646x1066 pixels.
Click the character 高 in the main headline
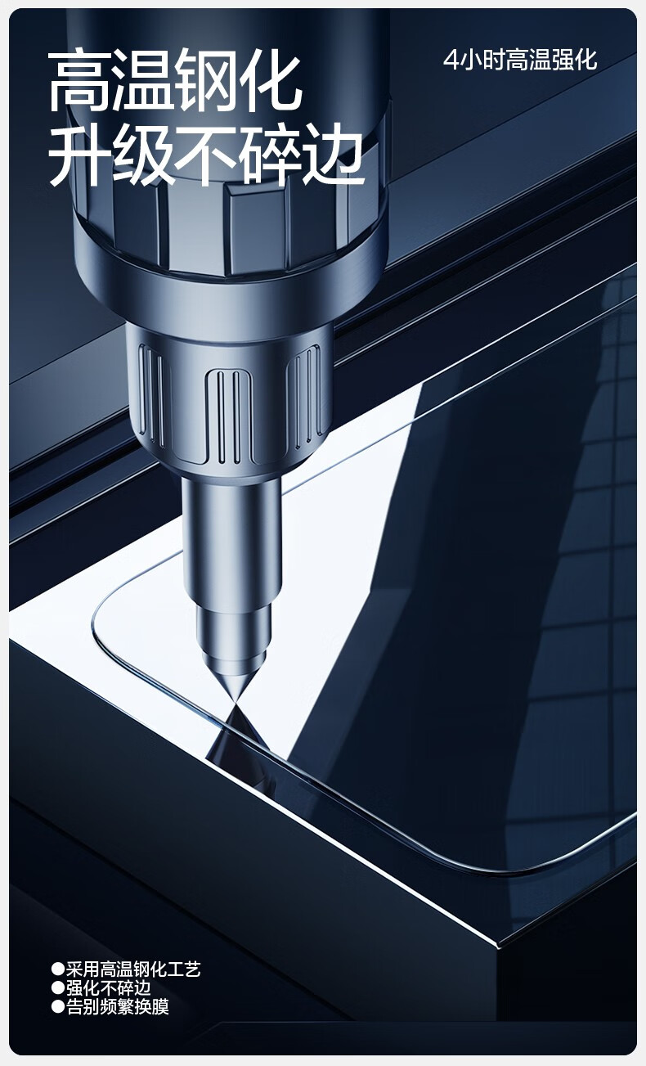[79, 82]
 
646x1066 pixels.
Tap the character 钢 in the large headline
[205, 82]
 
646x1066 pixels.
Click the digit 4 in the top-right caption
[450, 61]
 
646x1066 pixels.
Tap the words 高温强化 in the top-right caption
[551, 61]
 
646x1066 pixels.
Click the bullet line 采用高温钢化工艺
[133, 969]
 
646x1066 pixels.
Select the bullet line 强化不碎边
[109, 988]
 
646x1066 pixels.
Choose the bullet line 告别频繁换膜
[117, 1007]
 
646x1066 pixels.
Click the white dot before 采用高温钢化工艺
[57, 969]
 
